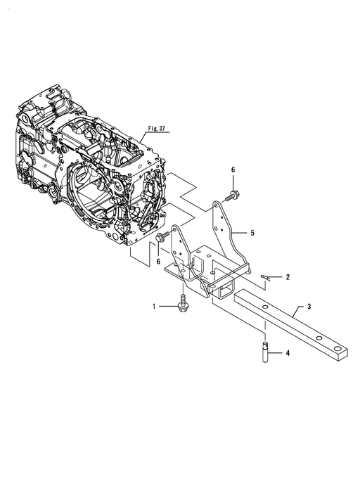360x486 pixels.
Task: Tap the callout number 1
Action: click(x=154, y=307)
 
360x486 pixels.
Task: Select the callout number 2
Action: click(x=288, y=277)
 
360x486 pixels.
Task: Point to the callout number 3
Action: click(x=309, y=307)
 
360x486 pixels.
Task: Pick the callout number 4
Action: click(x=288, y=353)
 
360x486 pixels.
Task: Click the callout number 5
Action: click(x=252, y=233)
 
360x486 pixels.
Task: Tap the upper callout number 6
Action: click(x=233, y=170)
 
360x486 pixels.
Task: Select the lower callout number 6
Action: click(x=158, y=262)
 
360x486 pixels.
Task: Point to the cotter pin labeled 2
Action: click(x=266, y=277)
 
